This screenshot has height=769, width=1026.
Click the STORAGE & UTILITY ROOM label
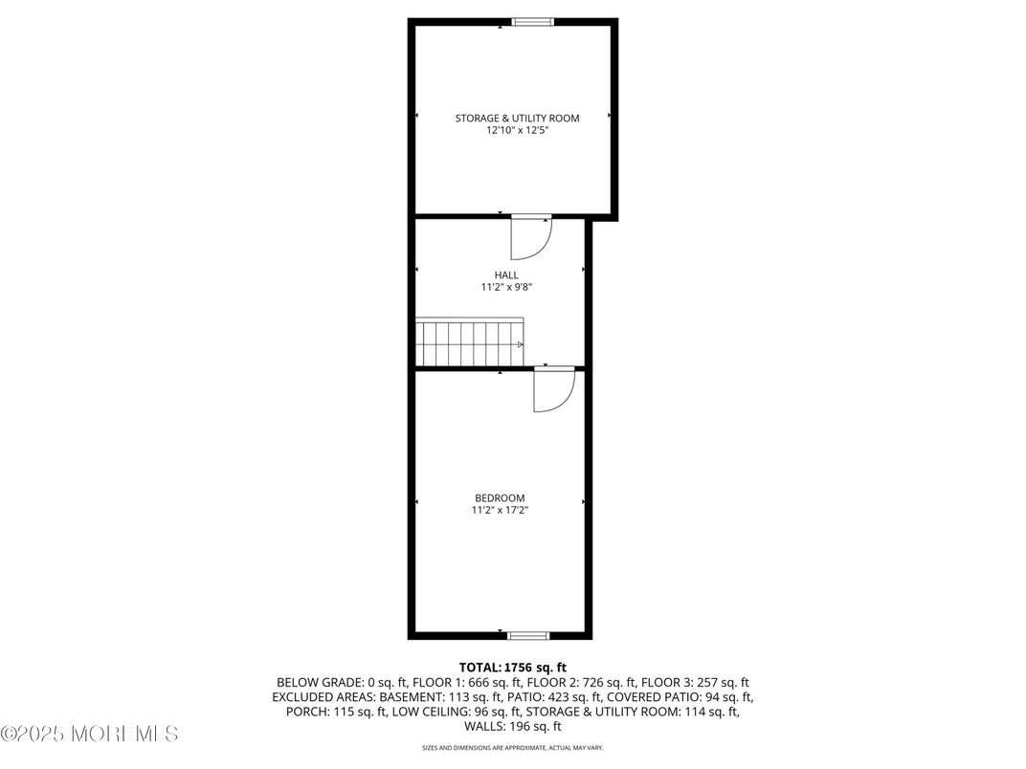coord(517,119)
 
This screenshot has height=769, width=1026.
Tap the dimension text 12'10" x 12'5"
coord(517,131)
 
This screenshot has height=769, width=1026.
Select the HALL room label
coord(506,275)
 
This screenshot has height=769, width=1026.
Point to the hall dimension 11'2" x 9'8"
coord(506,287)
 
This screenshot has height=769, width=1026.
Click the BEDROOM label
coord(500,498)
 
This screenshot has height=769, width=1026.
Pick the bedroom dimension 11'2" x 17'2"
coord(500,511)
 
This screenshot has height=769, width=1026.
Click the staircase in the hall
coord(469,342)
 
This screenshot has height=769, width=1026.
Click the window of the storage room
coord(533,22)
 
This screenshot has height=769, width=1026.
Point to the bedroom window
coord(528,635)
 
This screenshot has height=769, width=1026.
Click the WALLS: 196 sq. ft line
coord(513,726)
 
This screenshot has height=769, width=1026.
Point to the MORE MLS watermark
coord(89,735)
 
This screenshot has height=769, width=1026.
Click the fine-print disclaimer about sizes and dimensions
coord(513,748)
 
